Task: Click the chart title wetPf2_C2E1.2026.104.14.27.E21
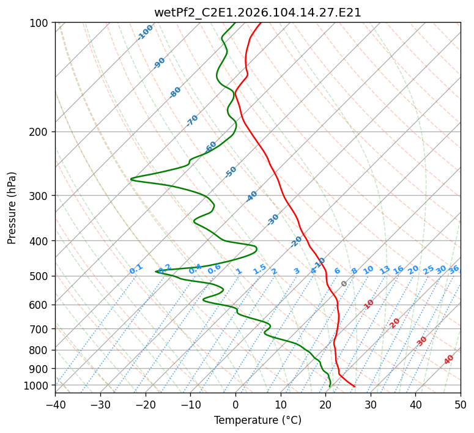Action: click(257, 12)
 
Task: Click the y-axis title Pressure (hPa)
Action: click(12, 208)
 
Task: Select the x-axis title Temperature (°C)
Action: click(257, 421)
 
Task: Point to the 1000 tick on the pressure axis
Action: click(39, 385)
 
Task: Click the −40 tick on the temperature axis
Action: click(55, 404)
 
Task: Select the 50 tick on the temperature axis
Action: click(461, 404)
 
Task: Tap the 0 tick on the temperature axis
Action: click(235, 404)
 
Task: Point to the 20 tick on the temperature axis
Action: click(325, 404)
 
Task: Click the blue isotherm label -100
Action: click(146, 32)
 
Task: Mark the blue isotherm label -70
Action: click(192, 120)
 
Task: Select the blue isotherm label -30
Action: click(273, 220)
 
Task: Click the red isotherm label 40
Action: click(449, 360)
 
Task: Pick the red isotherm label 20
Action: click(395, 322)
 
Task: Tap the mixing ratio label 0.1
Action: click(136, 269)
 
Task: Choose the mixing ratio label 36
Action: click(454, 269)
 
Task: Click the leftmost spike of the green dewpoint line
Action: click(131, 179)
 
